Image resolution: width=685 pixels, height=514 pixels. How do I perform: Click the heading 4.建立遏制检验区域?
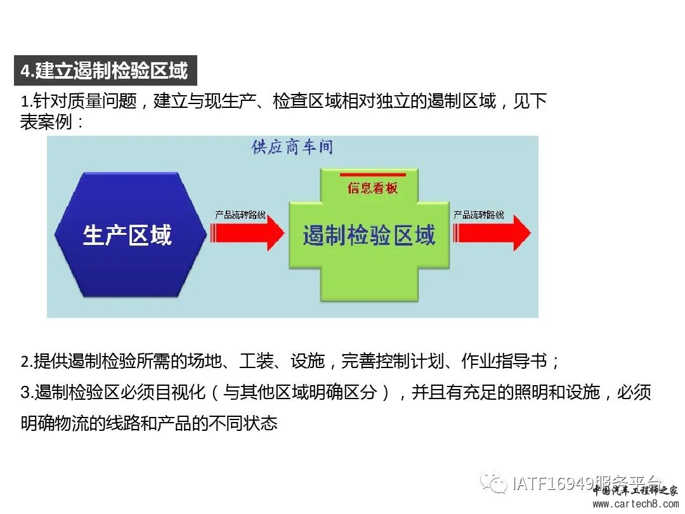[105, 70]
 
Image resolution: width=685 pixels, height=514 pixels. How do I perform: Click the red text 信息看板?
[372, 188]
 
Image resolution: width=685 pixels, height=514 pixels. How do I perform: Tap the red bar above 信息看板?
[372, 174]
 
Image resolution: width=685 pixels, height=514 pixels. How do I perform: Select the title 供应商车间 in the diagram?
[292, 147]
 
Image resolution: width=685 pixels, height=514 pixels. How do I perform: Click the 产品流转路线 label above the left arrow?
[240, 214]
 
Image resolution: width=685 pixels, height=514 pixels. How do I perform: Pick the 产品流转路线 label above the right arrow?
[479, 214]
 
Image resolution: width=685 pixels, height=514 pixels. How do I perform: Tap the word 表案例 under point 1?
[46, 122]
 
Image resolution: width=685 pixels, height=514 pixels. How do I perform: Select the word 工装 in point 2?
[256, 362]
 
